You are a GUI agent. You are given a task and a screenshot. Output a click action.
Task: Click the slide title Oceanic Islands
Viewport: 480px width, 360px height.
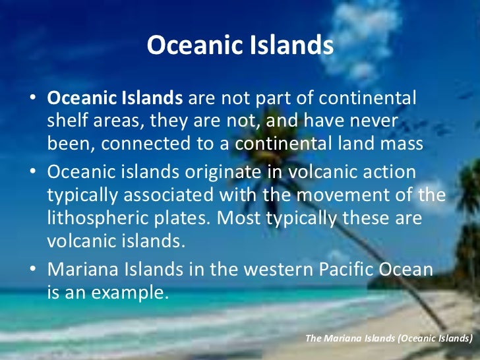tap(240, 45)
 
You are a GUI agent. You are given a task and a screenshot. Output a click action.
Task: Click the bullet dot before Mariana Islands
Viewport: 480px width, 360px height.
tap(32, 270)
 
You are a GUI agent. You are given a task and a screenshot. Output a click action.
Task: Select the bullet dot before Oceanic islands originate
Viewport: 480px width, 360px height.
tap(32, 172)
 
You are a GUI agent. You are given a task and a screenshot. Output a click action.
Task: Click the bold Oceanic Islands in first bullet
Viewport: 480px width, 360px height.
tap(115, 98)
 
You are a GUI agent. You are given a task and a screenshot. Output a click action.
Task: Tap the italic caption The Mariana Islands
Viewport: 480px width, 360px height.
tap(388, 338)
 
